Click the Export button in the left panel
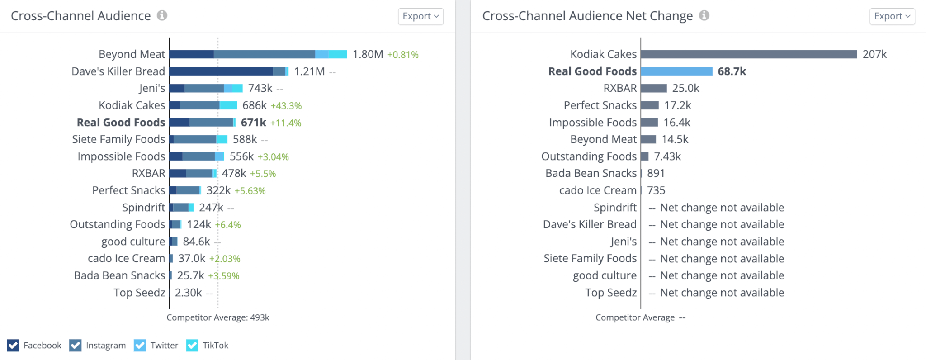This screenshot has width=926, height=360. pyautogui.click(x=420, y=16)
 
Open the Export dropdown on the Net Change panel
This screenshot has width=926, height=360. pyautogui.click(x=892, y=16)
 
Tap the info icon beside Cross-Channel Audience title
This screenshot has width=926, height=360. pyautogui.click(x=162, y=15)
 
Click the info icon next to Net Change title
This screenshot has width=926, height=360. pyautogui.click(x=704, y=15)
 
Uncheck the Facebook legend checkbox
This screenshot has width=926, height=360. pyautogui.click(x=13, y=346)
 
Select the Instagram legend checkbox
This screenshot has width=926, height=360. pyautogui.click(x=76, y=346)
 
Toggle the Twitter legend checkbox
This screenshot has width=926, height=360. pyautogui.click(x=140, y=346)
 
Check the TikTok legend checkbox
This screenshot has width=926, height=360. pyautogui.click(x=192, y=346)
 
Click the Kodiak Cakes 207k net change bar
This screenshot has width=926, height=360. pyautogui.click(x=749, y=54)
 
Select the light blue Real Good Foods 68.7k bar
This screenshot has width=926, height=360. pyautogui.click(x=676, y=71)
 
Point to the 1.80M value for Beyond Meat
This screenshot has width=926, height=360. pyautogui.click(x=368, y=55)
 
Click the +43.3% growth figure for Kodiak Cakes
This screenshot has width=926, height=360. pyautogui.click(x=286, y=106)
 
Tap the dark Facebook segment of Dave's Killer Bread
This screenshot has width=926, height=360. pyautogui.click(x=221, y=71)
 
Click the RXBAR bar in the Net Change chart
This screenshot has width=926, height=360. pyautogui.click(x=654, y=88)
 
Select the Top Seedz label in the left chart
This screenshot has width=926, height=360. pyautogui.click(x=139, y=293)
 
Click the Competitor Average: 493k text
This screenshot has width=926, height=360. pyautogui.click(x=217, y=317)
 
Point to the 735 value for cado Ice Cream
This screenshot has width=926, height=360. pyautogui.click(x=656, y=190)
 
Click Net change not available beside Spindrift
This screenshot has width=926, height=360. pyautogui.click(x=722, y=208)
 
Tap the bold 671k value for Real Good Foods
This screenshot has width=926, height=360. pyautogui.click(x=253, y=123)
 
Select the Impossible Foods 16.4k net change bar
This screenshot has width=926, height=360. pyautogui.click(x=649, y=123)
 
